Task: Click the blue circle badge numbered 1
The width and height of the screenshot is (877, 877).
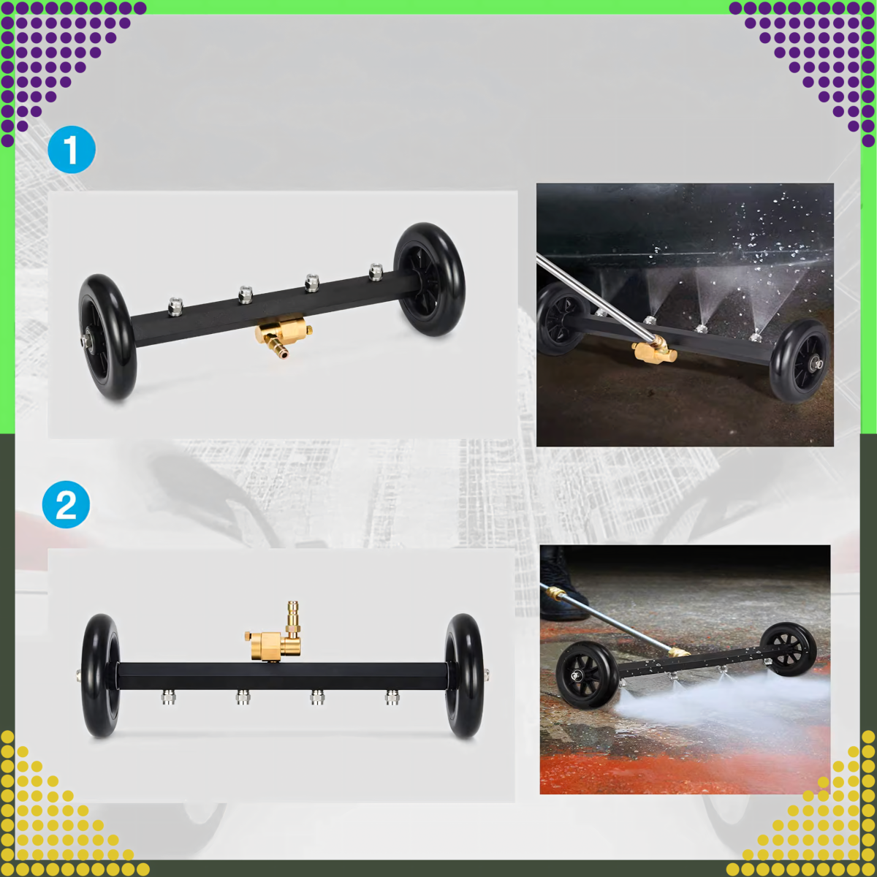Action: coord(72,150)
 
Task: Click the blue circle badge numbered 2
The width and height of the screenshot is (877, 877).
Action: coord(66,505)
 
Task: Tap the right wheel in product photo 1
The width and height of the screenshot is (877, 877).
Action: coord(429,279)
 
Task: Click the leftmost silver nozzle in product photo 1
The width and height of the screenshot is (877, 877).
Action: coord(175,306)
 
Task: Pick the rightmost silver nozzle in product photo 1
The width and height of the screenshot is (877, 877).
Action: coord(376,272)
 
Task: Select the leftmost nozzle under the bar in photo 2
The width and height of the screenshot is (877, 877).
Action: coord(168,697)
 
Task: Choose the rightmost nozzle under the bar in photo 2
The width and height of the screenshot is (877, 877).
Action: coord(392,697)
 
